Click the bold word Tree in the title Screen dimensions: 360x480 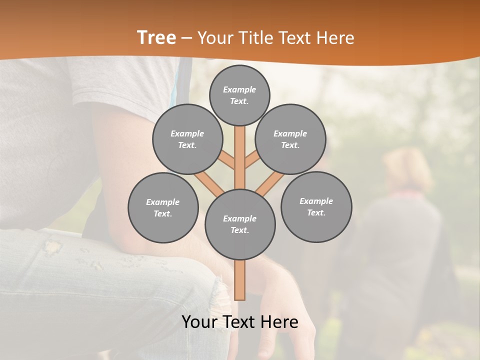pyautogui.click(x=156, y=37)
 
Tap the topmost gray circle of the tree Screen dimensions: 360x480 pyautogui.click(x=239, y=95)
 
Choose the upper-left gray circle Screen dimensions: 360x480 pyautogui.click(x=187, y=139)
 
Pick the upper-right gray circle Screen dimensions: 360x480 pyautogui.click(x=290, y=139)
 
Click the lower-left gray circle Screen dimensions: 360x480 pyautogui.click(x=163, y=208)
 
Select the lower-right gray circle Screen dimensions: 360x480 pyautogui.click(x=316, y=207)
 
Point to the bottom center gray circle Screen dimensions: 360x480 pyautogui.click(x=240, y=224)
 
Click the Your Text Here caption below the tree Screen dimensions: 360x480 pyautogui.click(x=240, y=322)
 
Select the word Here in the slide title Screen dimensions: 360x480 pyautogui.click(x=335, y=38)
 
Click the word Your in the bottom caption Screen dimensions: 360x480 pyautogui.click(x=199, y=322)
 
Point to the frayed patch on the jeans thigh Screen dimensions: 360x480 pyautogui.click(x=52, y=247)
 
